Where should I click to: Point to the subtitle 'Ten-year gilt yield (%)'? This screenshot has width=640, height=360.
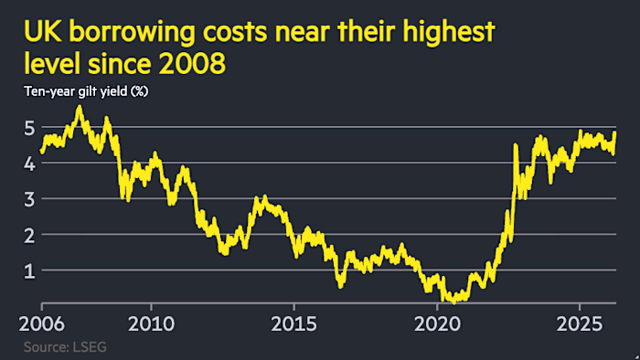click(88, 91)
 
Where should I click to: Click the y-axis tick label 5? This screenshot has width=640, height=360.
click(28, 127)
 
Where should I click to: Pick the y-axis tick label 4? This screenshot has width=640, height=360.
click(28, 163)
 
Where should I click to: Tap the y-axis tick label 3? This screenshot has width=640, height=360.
click(28, 198)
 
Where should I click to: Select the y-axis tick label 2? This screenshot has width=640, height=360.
click(28, 234)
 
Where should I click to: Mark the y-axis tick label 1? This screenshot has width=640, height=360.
click(28, 270)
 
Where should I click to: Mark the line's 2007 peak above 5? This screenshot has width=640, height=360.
click(79, 108)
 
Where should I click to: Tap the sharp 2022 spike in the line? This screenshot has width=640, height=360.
click(517, 145)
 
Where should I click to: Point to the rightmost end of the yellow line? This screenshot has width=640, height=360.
click(614, 133)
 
